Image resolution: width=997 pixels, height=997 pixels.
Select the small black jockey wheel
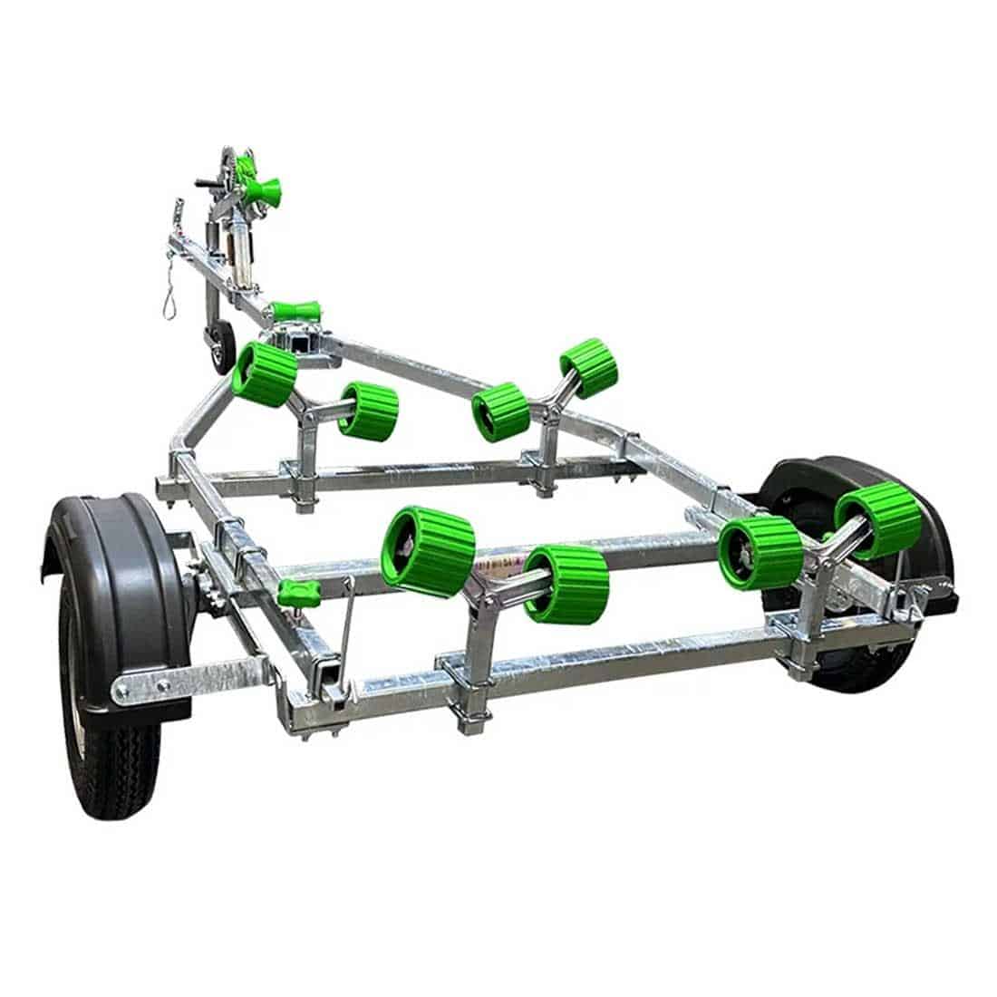[x=221, y=346]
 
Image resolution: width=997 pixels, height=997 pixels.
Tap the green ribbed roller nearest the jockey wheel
[x=264, y=373]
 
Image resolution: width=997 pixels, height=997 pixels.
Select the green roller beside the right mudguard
[x=878, y=520]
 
